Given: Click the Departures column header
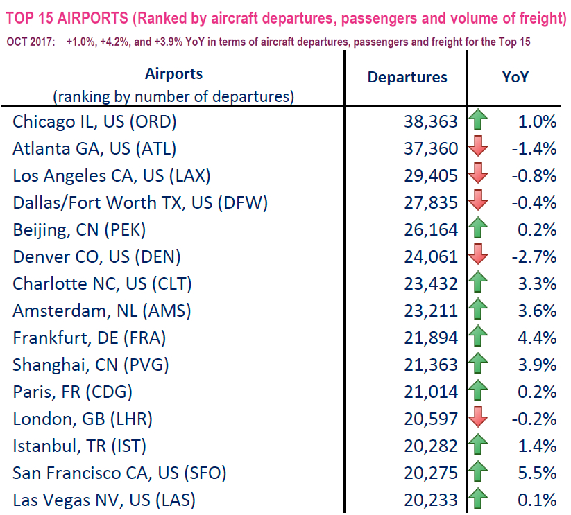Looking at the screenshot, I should (x=407, y=77).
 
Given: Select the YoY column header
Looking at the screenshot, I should (x=515, y=77).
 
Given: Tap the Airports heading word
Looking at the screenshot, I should (x=174, y=73).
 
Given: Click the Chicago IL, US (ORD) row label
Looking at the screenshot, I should (x=95, y=122).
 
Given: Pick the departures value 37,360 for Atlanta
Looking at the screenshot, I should (x=431, y=148).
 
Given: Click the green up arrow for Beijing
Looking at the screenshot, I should (x=478, y=229).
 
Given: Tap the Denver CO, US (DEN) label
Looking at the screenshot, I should (x=97, y=256).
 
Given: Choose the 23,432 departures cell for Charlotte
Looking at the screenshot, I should (x=431, y=283).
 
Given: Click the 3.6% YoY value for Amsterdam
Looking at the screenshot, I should (x=537, y=311).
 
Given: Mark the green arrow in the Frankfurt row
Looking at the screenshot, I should (x=478, y=338).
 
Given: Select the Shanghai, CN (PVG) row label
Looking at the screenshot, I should (x=91, y=365).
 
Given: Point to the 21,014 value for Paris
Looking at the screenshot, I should (x=431, y=392).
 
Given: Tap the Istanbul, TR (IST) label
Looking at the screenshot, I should (x=80, y=446).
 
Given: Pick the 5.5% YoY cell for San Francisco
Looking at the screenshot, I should (x=537, y=473).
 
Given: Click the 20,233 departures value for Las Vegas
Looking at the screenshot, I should (x=431, y=500).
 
